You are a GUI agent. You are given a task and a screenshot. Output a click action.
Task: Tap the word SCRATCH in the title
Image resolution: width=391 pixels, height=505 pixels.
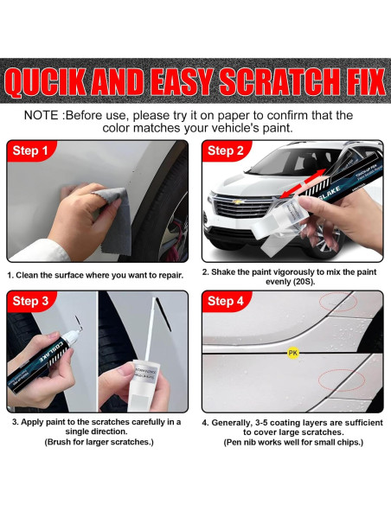(272, 83)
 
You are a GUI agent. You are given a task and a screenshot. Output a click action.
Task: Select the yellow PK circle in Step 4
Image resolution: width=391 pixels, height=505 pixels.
(292, 353)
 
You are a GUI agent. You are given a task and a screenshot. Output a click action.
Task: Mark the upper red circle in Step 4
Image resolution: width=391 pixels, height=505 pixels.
(331, 303)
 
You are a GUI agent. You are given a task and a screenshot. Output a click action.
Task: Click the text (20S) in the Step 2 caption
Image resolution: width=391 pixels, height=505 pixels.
(292, 282)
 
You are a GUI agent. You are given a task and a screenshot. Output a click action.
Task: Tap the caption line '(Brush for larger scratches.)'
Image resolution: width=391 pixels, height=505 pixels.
(97, 442)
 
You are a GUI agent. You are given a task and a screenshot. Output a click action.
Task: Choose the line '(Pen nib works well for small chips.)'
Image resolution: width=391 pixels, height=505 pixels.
(292, 442)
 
